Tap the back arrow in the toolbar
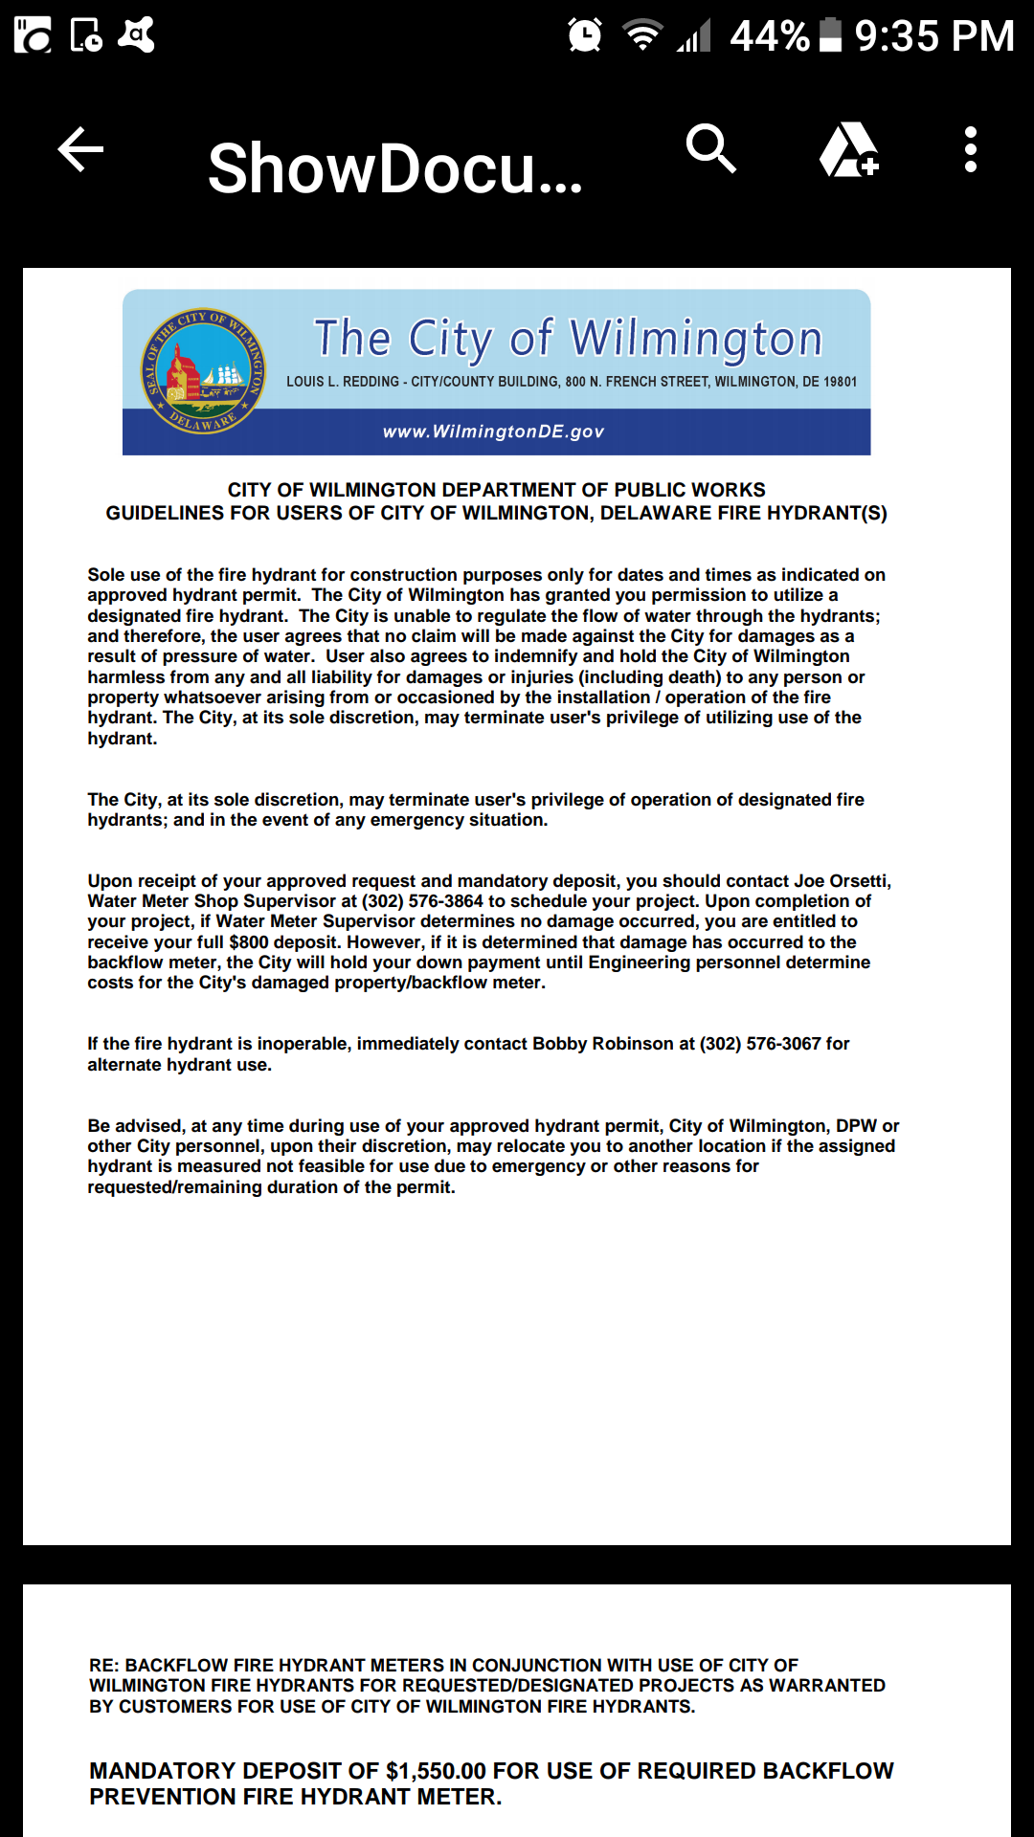[x=80, y=150]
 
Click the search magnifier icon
[x=710, y=149]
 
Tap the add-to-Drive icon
[x=848, y=150]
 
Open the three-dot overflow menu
[x=970, y=150]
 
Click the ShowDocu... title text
[x=394, y=168]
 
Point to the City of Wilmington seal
[x=203, y=370]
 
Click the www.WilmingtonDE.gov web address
[x=493, y=432]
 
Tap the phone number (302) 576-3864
[x=422, y=901]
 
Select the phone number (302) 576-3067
[x=760, y=1044]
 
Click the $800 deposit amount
[x=249, y=942]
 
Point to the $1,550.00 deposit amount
[x=436, y=1771]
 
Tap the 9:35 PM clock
[x=933, y=36]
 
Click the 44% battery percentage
[x=769, y=36]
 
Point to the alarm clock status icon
[x=584, y=35]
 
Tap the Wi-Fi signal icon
[x=642, y=35]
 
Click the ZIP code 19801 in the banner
[x=840, y=382]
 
